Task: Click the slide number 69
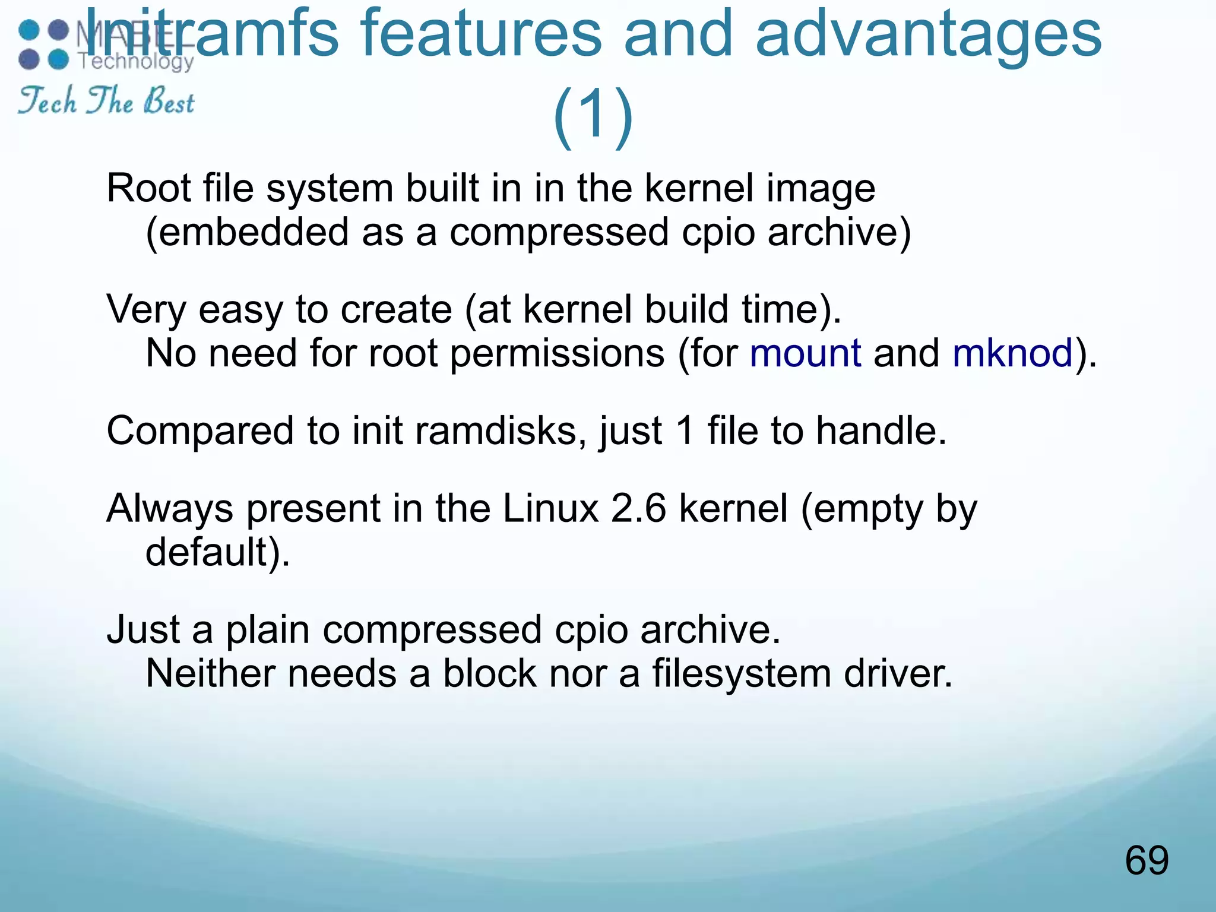pos(1146,860)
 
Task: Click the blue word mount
pos(805,353)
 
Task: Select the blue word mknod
pos(1012,353)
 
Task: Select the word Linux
pos(550,509)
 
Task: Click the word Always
pos(170,510)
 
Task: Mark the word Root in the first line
pos(149,189)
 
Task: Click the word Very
pos(145,310)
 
